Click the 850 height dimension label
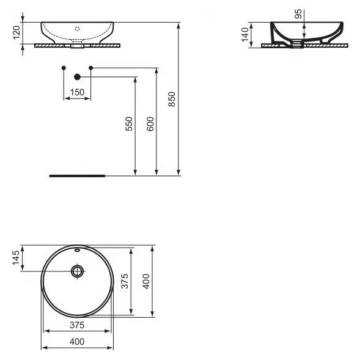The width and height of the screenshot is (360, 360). pos(172,99)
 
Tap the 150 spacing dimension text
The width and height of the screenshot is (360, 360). pos(77,92)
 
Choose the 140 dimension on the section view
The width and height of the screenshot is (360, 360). pos(245,35)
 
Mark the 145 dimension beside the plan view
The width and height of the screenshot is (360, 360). pos(16,259)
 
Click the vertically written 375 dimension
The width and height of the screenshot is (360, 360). pos(125,283)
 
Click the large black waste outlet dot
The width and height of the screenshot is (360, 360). pos(77,77)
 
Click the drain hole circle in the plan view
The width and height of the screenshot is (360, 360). pos(78,270)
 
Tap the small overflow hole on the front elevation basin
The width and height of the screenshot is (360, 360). pos(77,28)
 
